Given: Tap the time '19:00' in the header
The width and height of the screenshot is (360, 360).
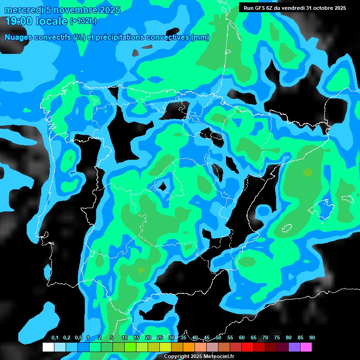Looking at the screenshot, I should tap(19, 21).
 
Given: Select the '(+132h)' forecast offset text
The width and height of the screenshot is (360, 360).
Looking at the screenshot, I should tap(83, 21).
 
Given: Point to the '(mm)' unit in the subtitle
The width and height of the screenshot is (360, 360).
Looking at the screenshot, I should tap(200, 37).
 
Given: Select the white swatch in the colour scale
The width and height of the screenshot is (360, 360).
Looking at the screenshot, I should tap(48, 347).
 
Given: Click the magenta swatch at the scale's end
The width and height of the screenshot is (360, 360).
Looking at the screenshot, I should tap(306, 347).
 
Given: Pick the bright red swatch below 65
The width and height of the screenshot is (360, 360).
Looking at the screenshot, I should tap(259, 347).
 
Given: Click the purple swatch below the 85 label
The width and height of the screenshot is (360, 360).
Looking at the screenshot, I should tap(294, 347).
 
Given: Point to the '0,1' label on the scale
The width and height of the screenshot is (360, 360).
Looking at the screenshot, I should tap(55, 337).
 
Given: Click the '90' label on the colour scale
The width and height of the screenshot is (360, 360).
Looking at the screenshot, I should tap(312, 337).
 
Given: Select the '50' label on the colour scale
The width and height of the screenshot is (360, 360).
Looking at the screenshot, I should tap(218, 337).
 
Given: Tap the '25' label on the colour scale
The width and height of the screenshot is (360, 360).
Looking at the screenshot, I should tap(160, 337).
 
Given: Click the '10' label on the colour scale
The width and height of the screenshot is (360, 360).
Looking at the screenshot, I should tap(125, 337).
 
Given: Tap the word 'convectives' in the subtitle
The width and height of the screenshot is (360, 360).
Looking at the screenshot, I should tap(167, 37).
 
